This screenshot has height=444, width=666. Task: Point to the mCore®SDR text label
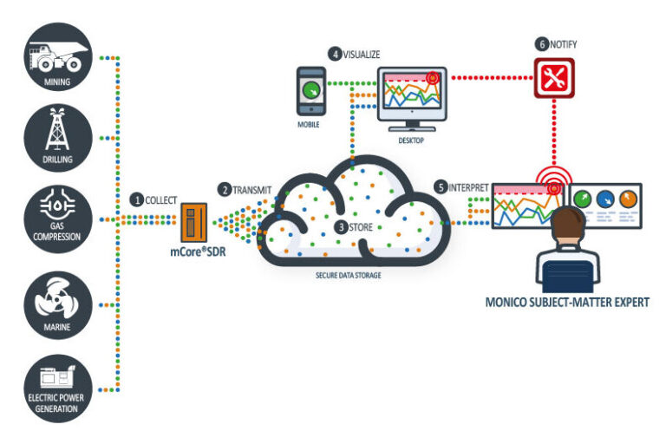click(199, 254)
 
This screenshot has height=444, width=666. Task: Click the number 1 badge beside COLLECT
click(137, 199)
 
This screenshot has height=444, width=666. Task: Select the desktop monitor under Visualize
click(413, 96)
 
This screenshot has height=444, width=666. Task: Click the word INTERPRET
click(468, 187)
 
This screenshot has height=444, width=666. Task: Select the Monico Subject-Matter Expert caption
click(568, 302)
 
